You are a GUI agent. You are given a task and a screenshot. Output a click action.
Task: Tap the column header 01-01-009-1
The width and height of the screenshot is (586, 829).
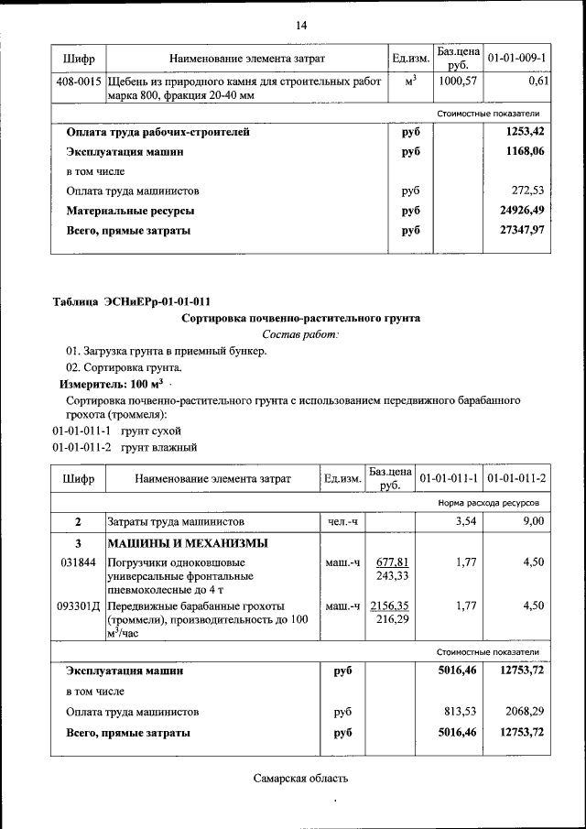pos(516,59)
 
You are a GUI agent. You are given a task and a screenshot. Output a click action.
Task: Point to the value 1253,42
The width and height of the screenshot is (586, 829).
pos(525,132)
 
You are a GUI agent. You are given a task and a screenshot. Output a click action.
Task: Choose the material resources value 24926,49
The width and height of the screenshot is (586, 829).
pos(522,212)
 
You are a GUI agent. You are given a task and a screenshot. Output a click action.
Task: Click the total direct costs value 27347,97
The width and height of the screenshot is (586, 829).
pos(522,231)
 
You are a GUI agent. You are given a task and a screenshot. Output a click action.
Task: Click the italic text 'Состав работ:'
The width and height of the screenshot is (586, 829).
pos(300,335)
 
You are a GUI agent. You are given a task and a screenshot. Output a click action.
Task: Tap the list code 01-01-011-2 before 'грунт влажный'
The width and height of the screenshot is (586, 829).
pos(81,448)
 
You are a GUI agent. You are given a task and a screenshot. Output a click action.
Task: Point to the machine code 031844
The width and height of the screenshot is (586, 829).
pos(77,563)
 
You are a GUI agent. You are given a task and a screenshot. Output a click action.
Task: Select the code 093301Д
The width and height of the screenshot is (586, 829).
pos(79,606)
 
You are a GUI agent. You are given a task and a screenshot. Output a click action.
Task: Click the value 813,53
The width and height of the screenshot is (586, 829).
pos(460,711)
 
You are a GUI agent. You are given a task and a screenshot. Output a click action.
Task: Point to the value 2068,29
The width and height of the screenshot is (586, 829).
pos(525,711)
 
